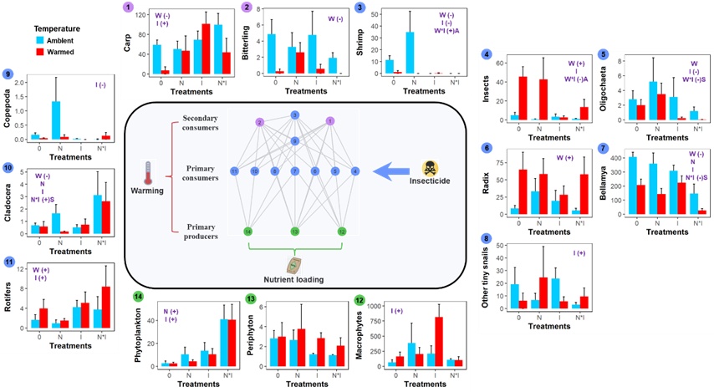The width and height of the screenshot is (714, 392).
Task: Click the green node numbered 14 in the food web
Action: [x=247, y=231]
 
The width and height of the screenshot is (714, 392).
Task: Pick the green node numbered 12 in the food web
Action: [x=342, y=231]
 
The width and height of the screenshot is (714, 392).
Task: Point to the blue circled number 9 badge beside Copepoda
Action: [x=8, y=73]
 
